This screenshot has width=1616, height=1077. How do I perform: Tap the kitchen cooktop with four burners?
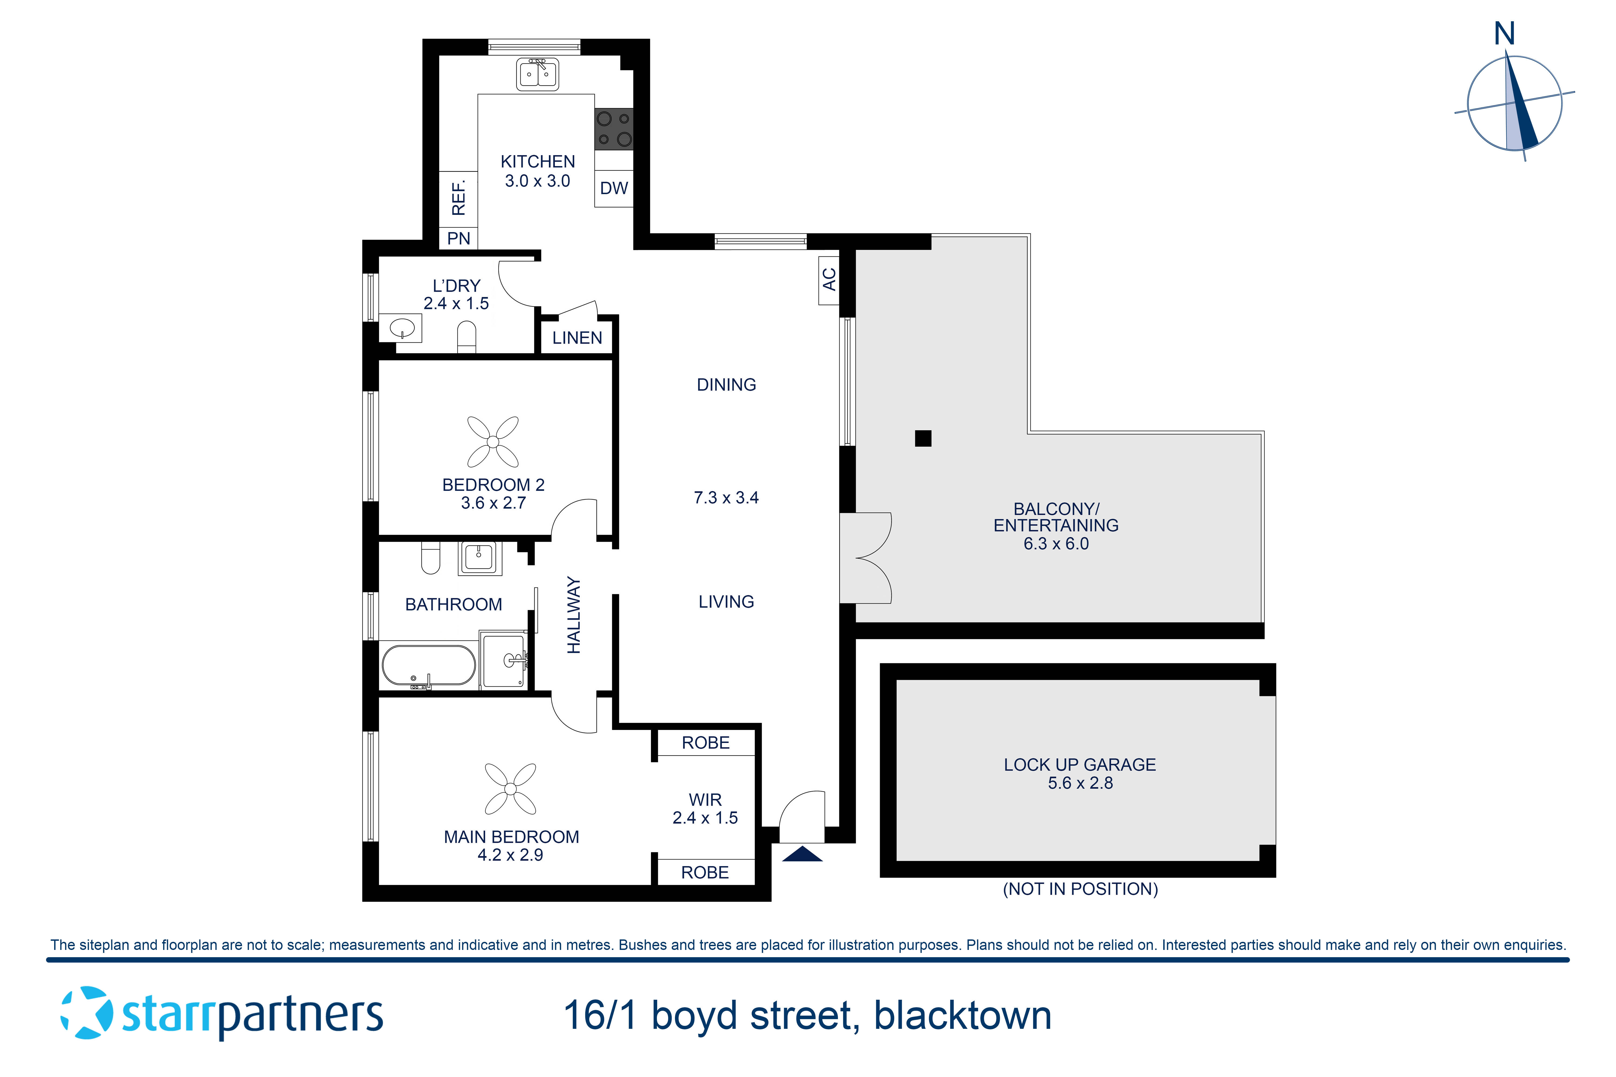[x=614, y=129]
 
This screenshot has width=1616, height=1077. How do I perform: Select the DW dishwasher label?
[x=614, y=188]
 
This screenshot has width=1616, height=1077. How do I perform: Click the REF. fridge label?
[x=458, y=198]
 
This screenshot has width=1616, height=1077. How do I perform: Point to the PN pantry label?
[x=458, y=238]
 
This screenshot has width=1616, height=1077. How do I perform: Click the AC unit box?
[x=829, y=279]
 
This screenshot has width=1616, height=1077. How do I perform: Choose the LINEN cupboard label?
[x=577, y=338]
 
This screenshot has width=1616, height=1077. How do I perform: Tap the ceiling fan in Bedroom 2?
[x=493, y=442]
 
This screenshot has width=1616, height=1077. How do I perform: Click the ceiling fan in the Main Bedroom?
[x=510, y=789]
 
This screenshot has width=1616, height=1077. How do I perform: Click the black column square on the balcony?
[x=923, y=438]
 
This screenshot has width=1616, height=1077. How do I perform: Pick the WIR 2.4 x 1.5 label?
[x=705, y=809]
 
